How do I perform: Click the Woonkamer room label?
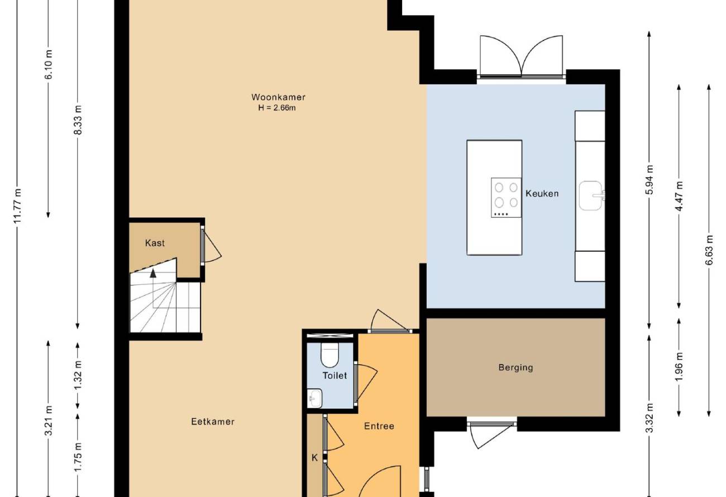[x=278, y=97]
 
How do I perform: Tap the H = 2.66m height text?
[x=277, y=108]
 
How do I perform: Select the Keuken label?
[x=542, y=194]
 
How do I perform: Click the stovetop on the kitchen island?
[x=506, y=197]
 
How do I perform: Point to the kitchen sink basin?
[x=590, y=195]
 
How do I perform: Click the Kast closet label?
[x=155, y=243]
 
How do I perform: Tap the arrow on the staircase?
[x=153, y=273]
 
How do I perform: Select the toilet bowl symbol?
[x=329, y=355]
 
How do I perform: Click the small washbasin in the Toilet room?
[x=314, y=398]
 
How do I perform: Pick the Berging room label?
[x=515, y=367]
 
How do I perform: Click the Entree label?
[x=379, y=426]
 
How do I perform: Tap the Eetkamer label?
[x=213, y=422]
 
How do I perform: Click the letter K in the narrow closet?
[x=314, y=458]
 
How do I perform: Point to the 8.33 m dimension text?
[x=78, y=120]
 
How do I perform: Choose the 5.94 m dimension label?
[x=649, y=180]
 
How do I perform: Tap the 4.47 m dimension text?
[x=679, y=195]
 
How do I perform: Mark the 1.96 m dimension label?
[x=679, y=367]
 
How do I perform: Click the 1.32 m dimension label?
[x=78, y=375]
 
